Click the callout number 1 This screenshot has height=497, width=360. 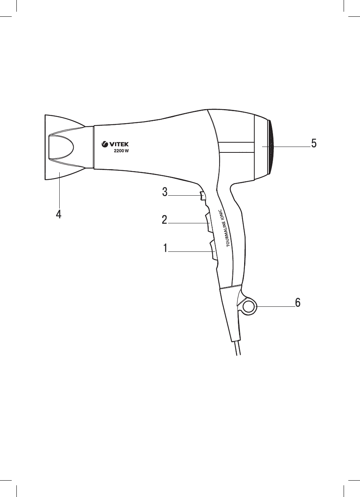165,248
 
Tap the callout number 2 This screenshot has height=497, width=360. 165,220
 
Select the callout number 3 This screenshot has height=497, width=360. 165,192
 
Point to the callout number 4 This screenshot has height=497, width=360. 59,214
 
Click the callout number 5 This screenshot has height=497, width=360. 314,143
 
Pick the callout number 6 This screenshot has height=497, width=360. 298,302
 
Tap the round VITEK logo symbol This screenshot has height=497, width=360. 104,145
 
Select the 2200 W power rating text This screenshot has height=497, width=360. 121,151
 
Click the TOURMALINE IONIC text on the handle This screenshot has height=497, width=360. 225,228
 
